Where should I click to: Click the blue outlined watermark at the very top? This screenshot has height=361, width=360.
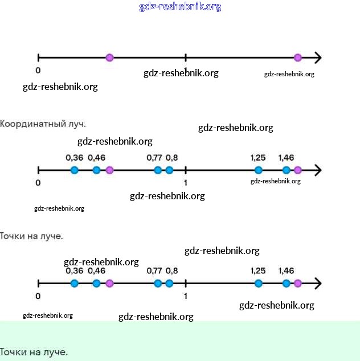[x=180, y=7]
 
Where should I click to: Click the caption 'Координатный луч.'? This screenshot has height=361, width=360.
[x=43, y=124]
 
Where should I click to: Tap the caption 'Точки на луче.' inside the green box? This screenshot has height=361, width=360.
[x=34, y=352]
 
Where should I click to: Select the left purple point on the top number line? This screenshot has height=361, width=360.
[x=109, y=58]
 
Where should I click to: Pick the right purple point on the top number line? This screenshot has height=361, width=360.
[x=297, y=58]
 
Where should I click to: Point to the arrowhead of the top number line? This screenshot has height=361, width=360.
[x=318, y=58]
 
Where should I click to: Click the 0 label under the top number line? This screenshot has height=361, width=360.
[x=38, y=71]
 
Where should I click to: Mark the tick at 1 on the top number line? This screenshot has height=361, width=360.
[x=186, y=58]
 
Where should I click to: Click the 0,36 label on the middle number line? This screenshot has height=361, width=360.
[x=74, y=157]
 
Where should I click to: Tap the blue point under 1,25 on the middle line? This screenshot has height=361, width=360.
[x=259, y=170]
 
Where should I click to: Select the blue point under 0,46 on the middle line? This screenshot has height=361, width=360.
[x=96, y=170]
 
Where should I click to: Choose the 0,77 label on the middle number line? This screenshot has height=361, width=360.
[x=154, y=157]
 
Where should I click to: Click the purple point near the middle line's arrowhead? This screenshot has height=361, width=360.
[x=297, y=170]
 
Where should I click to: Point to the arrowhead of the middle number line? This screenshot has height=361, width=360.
[x=318, y=170]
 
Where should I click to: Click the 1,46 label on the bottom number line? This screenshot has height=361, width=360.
[x=286, y=270]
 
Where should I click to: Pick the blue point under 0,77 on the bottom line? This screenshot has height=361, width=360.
[x=158, y=283]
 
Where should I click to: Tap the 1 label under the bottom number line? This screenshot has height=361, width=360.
[x=186, y=296]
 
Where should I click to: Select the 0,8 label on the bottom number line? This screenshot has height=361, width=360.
[x=171, y=270]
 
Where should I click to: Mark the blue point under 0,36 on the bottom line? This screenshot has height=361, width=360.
[x=74, y=283]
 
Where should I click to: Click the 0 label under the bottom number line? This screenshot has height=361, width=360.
[x=38, y=296]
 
